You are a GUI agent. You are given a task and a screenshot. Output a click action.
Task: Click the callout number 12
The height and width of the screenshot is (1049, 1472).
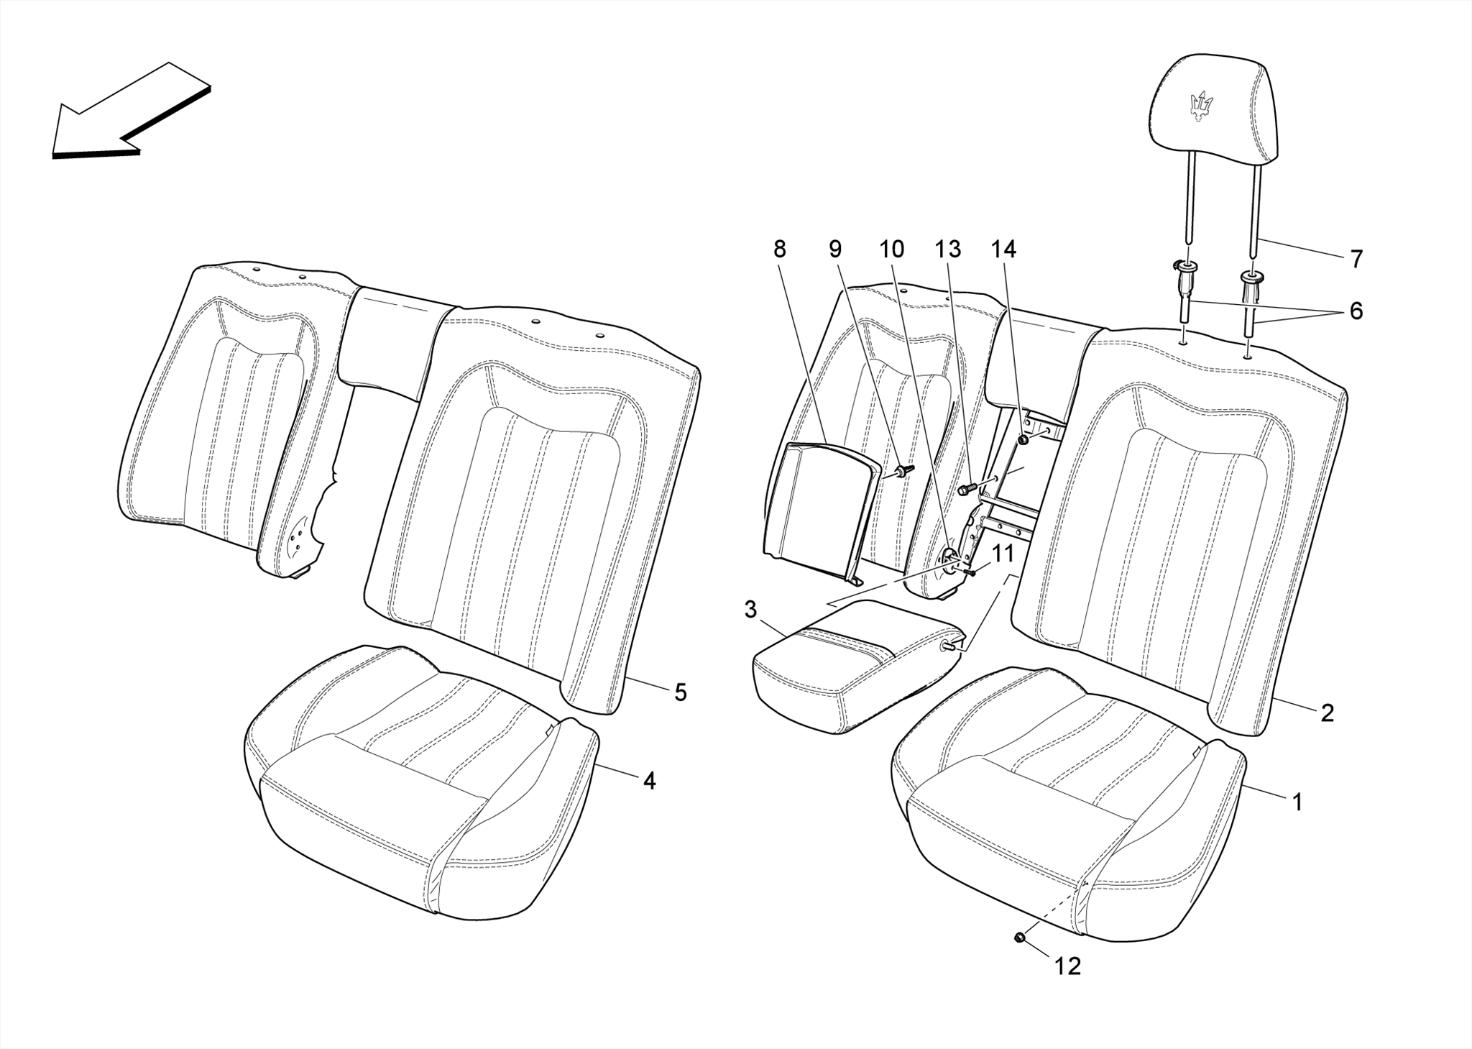[x=1068, y=966]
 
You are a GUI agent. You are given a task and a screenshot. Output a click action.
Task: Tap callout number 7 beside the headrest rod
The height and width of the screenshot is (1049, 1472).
[x=1356, y=259]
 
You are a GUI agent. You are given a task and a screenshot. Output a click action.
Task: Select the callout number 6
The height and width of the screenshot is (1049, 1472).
[x=1356, y=311]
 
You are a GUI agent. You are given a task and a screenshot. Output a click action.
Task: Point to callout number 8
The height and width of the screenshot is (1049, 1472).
[x=780, y=249]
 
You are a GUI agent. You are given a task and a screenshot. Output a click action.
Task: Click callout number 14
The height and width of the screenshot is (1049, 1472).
[x=1003, y=249]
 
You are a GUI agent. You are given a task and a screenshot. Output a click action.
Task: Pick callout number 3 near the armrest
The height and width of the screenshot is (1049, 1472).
[x=750, y=610]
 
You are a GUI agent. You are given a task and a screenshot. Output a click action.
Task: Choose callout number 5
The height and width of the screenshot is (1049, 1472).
[x=680, y=692]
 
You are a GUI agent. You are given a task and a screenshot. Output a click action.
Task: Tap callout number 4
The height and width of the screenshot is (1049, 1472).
[x=649, y=781]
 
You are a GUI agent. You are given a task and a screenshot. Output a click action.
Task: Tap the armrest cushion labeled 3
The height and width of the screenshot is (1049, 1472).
[x=848, y=665]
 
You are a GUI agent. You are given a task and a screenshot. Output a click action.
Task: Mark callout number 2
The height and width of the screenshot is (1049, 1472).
[x=1327, y=713]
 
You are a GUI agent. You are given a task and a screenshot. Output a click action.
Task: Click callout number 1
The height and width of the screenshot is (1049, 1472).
[x=1297, y=802]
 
